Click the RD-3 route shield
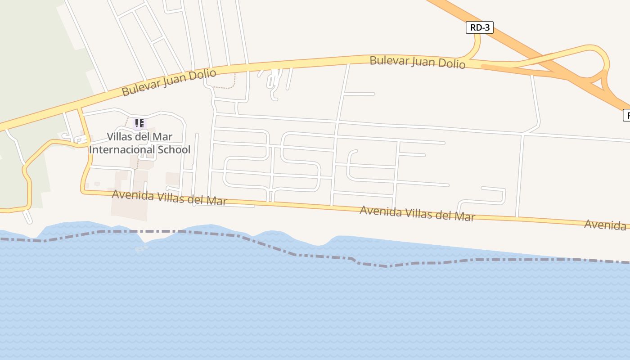pyautogui.click(x=480, y=27)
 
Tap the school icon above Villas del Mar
pyautogui.click(x=139, y=123)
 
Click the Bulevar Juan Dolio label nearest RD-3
pyautogui.click(x=417, y=62)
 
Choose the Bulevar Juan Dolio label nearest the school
pyautogui.click(x=169, y=82)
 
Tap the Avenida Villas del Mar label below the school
pyautogui.click(x=169, y=198)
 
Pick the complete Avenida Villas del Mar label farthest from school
pyautogui.click(x=417, y=213)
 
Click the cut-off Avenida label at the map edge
pyautogui.click(x=606, y=224)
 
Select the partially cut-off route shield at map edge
pyautogui.click(x=626, y=115)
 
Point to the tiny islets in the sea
pyautogui.click(x=141, y=248)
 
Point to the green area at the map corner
pyautogui.click(x=27, y=45)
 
